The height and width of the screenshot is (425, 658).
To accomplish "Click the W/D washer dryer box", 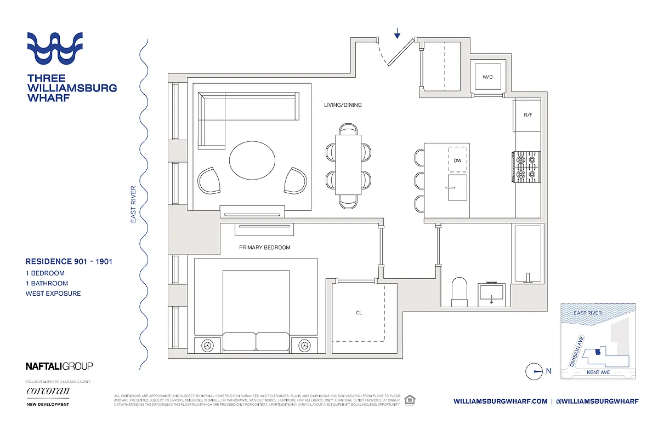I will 487,77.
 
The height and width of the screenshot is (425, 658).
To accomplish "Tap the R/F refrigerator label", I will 528,116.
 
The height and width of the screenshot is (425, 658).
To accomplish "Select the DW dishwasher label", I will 457,160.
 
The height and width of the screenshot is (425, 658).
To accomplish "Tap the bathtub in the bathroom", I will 527,254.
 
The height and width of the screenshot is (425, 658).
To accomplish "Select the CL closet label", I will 359,313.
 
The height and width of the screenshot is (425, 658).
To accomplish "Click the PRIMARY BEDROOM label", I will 265,248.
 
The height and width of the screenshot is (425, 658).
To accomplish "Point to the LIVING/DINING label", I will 343,105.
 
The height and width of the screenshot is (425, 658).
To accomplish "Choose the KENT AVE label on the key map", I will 598,372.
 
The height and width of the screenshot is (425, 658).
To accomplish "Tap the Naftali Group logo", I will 59,366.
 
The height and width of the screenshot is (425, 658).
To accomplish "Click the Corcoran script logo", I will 48,391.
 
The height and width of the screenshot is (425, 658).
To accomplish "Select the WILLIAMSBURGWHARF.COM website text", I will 500,401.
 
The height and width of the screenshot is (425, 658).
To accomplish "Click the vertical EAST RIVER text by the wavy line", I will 133,204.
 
